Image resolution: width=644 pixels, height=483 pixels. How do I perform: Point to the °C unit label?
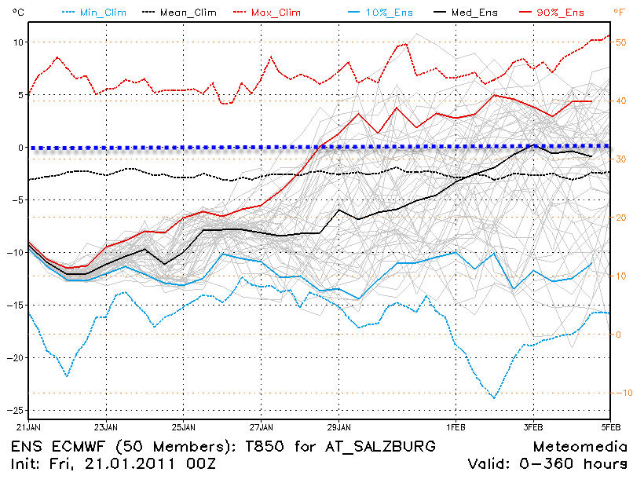tap(13, 13)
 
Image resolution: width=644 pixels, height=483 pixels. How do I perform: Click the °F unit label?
tap(624, 13)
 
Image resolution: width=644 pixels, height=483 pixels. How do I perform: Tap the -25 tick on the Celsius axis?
tap(13, 410)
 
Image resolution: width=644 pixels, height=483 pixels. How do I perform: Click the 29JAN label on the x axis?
tap(338, 429)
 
